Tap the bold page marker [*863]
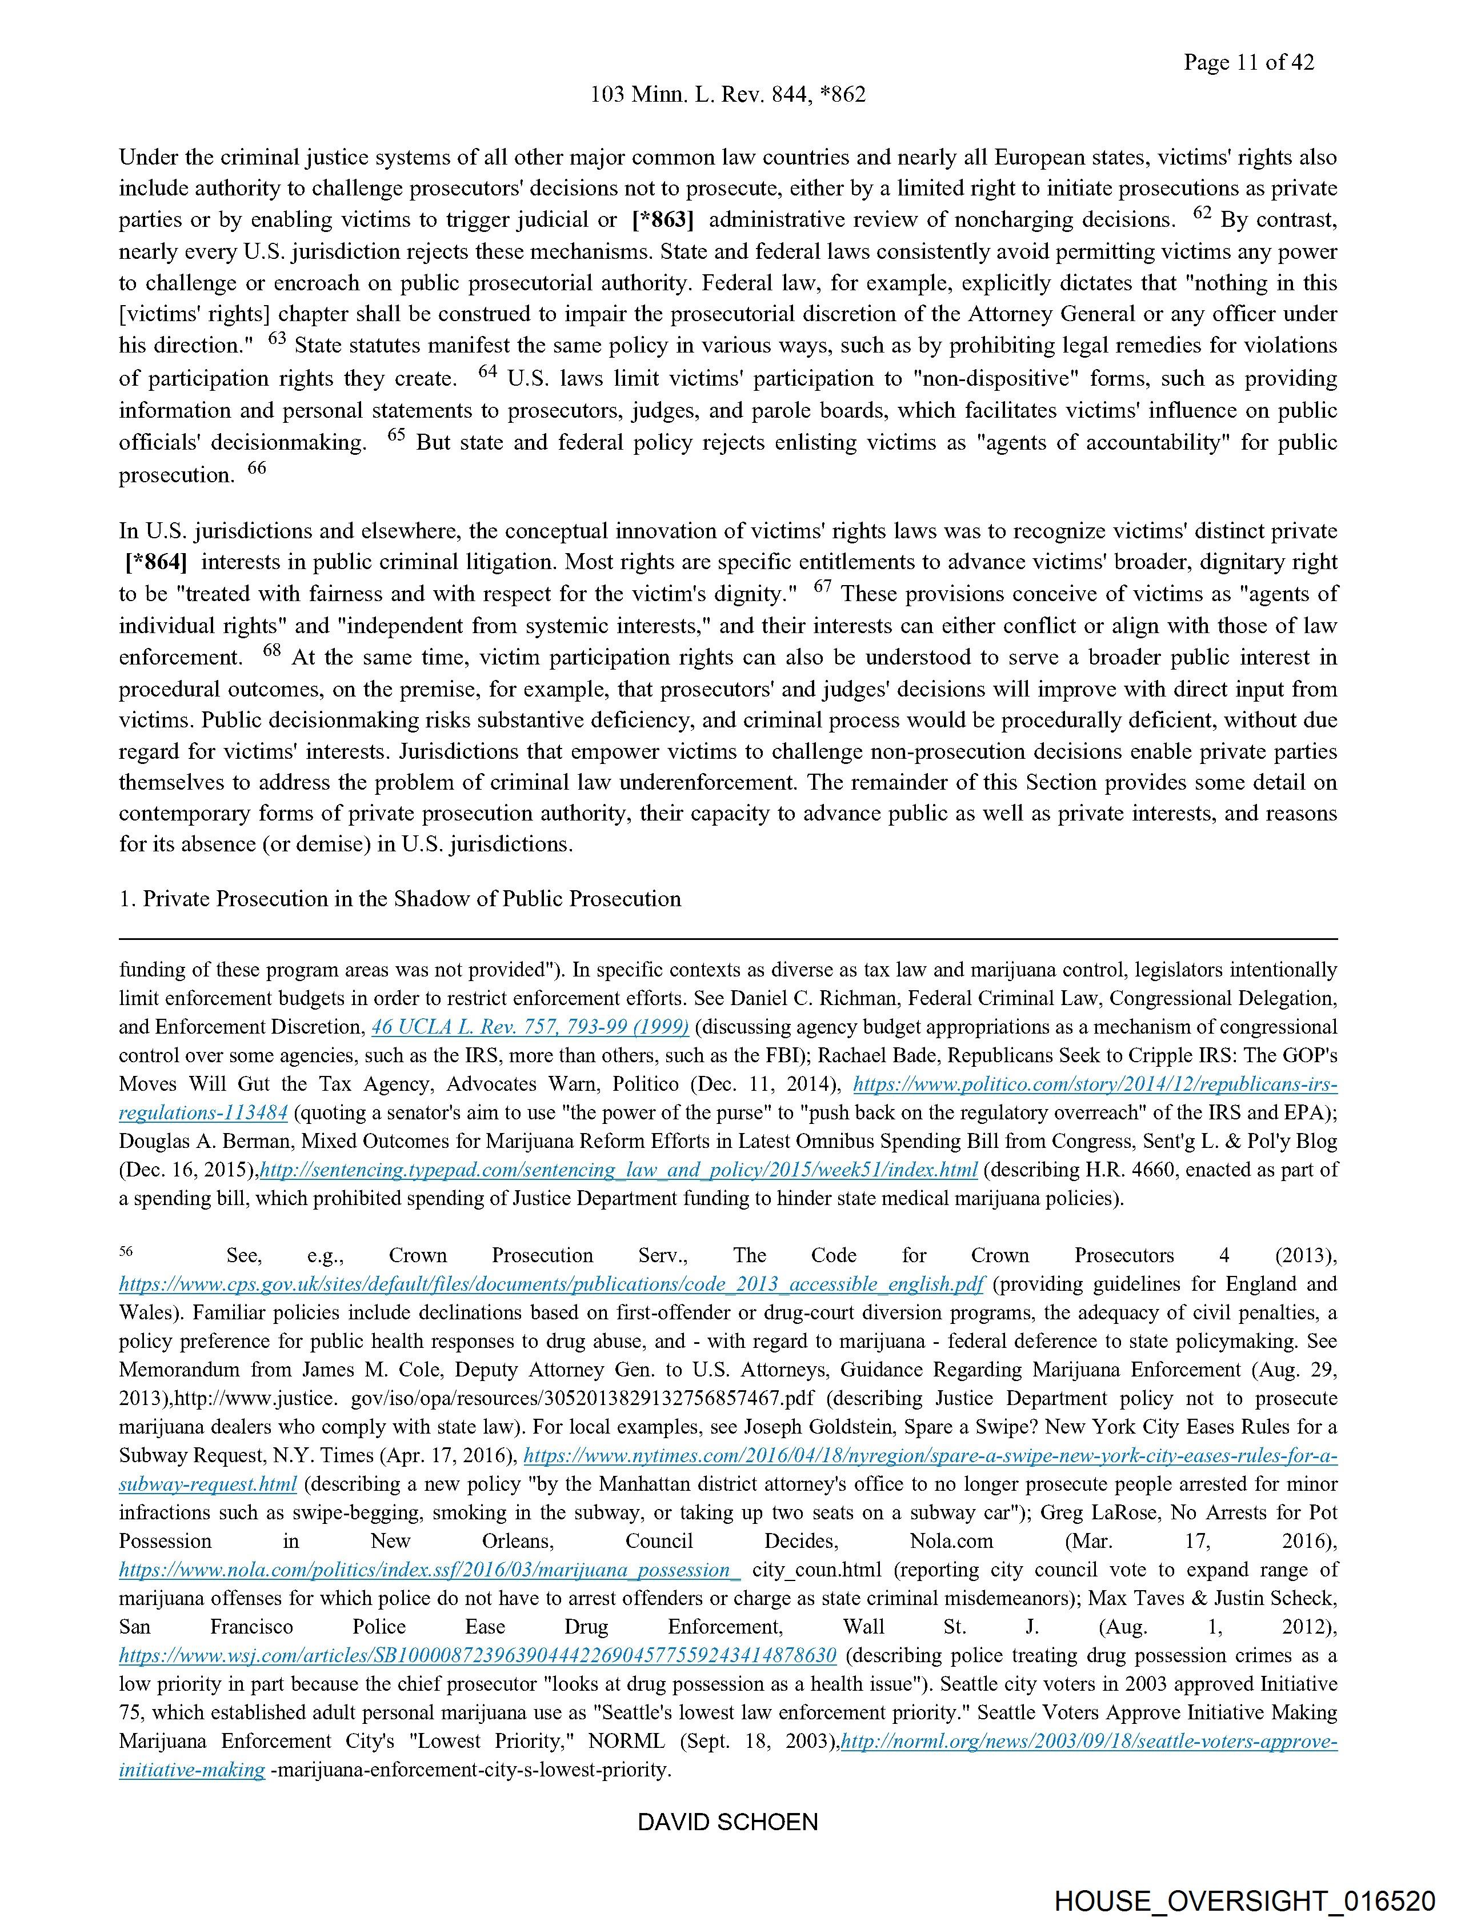point(663,220)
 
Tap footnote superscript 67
point(823,587)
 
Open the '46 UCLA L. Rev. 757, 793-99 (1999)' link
point(530,1027)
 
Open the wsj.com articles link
point(478,1655)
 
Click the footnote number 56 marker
point(126,1251)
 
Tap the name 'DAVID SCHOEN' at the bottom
point(727,1822)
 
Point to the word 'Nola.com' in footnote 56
point(951,1541)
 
